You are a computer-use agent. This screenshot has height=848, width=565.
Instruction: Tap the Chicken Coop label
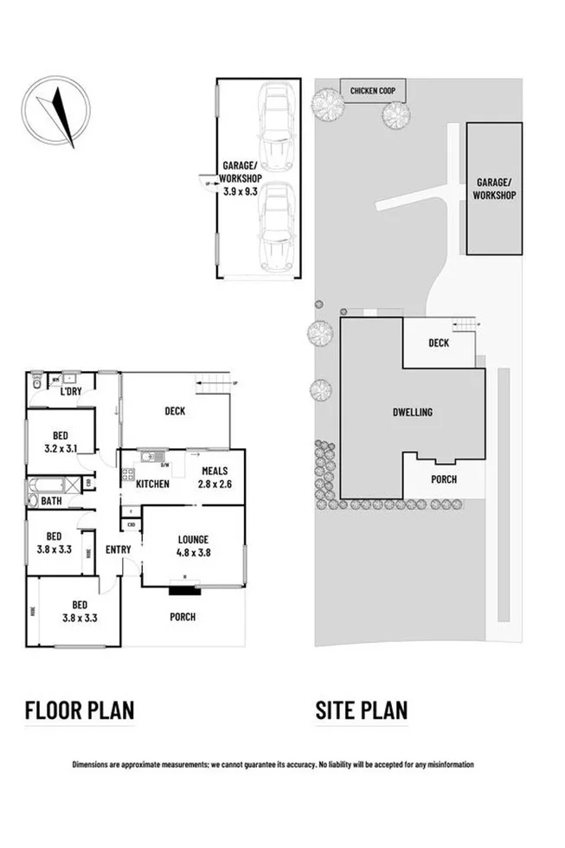[373, 90]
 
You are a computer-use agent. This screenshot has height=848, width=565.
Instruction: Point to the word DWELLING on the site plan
[413, 413]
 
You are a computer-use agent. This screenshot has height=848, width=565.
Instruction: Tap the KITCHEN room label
[152, 484]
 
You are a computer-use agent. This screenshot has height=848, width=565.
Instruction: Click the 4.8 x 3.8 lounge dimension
[194, 551]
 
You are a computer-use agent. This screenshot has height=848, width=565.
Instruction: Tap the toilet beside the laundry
[37, 382]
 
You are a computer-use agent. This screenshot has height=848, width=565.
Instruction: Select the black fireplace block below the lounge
[183, 592]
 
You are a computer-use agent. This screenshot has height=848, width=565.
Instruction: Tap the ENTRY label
[118, 550]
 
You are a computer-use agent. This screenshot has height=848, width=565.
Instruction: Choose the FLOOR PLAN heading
[79, 710]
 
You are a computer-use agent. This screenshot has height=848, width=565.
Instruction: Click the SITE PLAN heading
[361, 710]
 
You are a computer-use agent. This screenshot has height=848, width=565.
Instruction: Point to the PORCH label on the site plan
[443, 479]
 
